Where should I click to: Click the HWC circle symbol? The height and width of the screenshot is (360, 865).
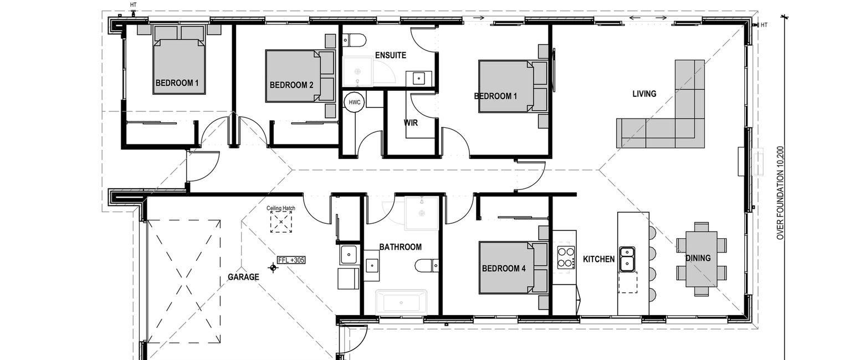355,102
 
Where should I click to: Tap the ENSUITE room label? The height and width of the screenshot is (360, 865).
391,55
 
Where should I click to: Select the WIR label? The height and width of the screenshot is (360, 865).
411,123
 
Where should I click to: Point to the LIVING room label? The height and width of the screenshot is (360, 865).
644,94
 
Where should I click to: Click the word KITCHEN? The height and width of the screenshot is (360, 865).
598,259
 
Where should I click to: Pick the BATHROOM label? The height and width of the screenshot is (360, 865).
401,247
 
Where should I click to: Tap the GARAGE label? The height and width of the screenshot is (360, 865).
243,277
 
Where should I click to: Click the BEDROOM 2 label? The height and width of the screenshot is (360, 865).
291,85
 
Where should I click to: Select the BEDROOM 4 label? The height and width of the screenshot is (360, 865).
504,268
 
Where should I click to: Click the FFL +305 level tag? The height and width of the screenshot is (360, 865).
291,260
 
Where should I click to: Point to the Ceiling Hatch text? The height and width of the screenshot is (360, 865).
281,208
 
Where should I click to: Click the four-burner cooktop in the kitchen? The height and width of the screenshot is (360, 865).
566,258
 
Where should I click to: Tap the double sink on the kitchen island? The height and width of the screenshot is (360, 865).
627,259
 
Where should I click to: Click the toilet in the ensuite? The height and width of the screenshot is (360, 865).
354,39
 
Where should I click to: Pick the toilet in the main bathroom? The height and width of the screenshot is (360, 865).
427,265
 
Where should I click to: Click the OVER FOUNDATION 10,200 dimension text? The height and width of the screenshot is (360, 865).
780,193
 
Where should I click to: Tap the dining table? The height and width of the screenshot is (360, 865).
702,259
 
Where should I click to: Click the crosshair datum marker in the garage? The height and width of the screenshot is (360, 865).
273,268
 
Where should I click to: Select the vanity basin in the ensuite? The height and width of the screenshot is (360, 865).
418,78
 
